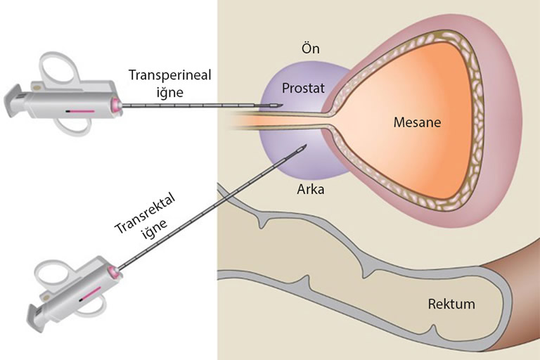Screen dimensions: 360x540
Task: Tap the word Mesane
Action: pyautogui.click(x=417, y=122)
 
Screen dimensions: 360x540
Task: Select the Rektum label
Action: pyautogui.click(x=451, y=304)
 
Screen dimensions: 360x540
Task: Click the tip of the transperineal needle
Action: pyautogui.click(x=282, y=106)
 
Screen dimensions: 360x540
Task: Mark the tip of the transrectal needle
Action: pyautogui.click(x=306, y=146)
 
